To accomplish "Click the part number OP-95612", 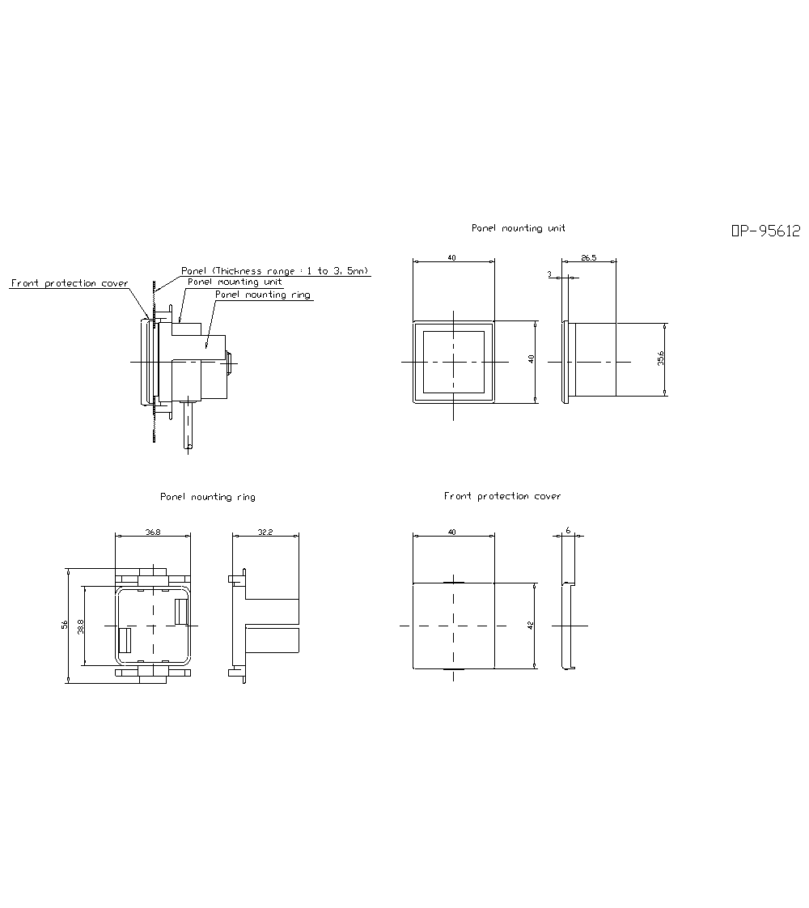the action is [x=765, y=231].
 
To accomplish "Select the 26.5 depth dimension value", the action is [x=588, y=257].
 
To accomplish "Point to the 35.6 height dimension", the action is [x=661, y=359].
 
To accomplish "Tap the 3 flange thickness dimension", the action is [x=550, y=274].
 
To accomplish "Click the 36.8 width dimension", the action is [x=153, y=532].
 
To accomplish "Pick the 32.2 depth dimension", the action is [x=265, y=532].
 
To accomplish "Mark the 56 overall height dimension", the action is [x=65, y=625].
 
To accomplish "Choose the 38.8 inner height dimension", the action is [x=81, y=626].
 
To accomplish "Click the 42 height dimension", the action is [x=531, y=626].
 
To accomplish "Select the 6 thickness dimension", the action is [x=568, y=530].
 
